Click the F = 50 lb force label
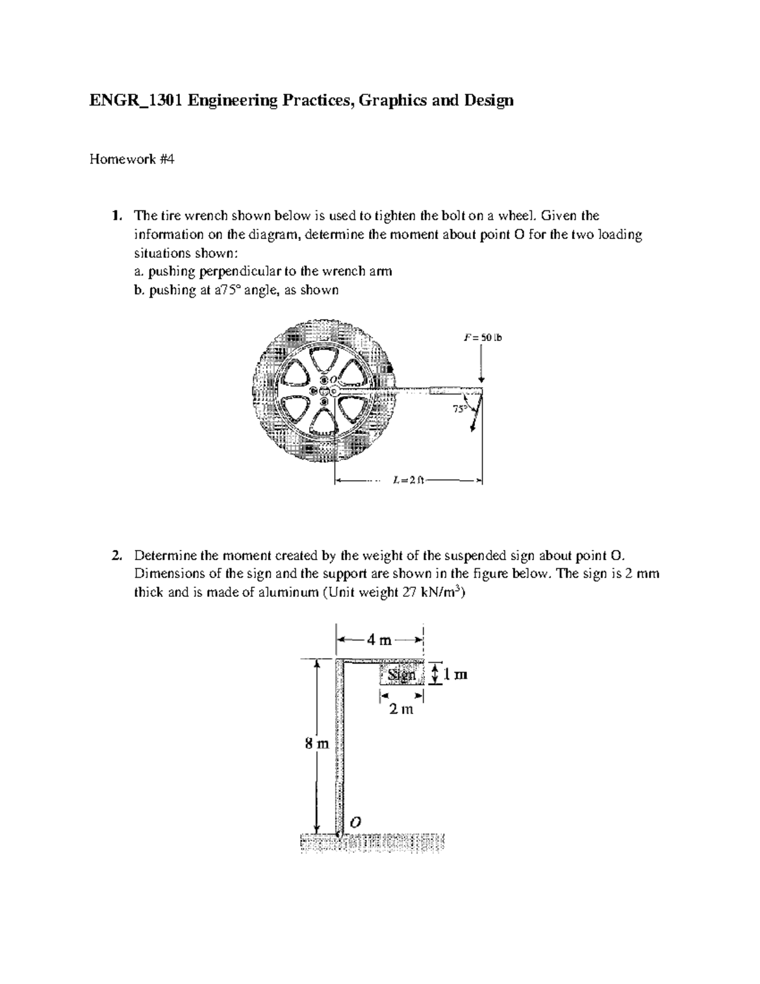[483, 338]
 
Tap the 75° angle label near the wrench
[460, 409]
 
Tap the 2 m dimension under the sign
[401, 710]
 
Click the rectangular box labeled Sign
[402, 675]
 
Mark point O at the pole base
[355, 821]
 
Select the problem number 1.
[115, 215]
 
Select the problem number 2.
[115, 556]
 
